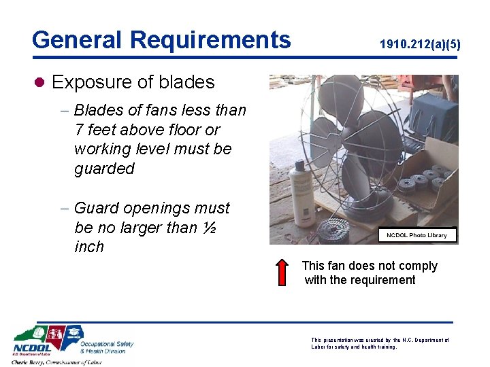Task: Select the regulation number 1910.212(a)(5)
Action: (420, 45)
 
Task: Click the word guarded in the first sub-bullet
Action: (104, 168)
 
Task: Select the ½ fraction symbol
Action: (210, 227)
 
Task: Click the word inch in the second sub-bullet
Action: (89, 247)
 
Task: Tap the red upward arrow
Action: (284, 272)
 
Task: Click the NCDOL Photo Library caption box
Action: (416, 235)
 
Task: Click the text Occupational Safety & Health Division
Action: (107, 347)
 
